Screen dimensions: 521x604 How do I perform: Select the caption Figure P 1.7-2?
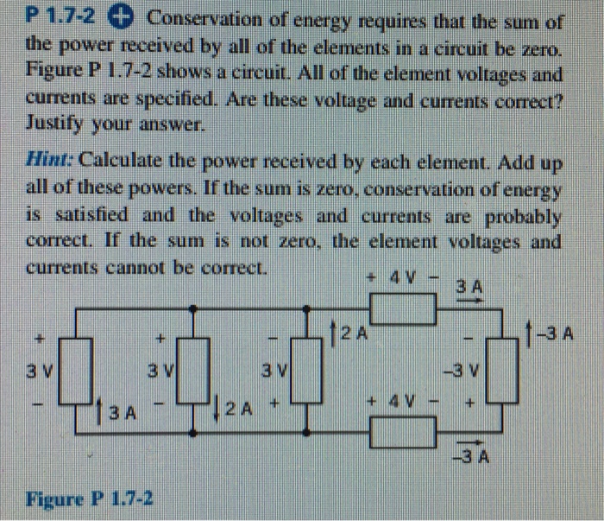90,499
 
